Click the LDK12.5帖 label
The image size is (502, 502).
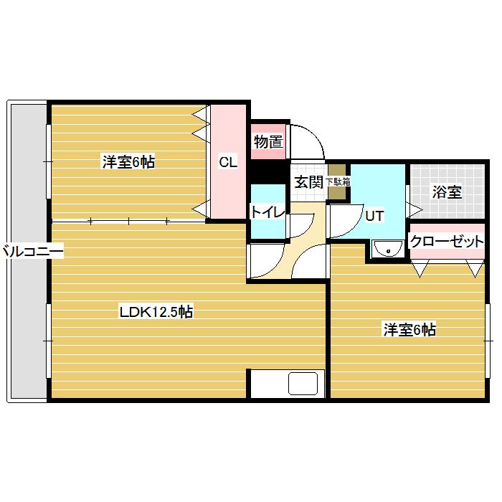coord(156,311)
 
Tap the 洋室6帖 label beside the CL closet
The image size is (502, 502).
coord(128,161)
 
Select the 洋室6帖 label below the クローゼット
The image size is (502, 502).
coord(409,329)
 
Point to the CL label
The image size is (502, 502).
coord(228,162)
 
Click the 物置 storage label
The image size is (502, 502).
coord(268,141)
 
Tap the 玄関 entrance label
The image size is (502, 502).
coord(308,182)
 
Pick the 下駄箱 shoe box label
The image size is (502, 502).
coord(338,182)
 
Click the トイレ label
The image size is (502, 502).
coord(267,212)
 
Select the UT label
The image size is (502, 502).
coord(374,216)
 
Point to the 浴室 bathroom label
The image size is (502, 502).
coord(447,191)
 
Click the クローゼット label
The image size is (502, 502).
coord(447,241)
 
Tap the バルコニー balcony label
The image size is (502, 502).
coord(32,251)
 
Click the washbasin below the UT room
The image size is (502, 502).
coord(388,249)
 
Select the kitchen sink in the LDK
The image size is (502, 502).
coord(303,384)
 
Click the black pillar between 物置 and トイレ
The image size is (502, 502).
coord(268,171)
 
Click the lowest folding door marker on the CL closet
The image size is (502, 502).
coord(201,209)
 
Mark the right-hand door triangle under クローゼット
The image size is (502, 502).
coord(475,268)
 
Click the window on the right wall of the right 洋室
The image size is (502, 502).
coord(488,341)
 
